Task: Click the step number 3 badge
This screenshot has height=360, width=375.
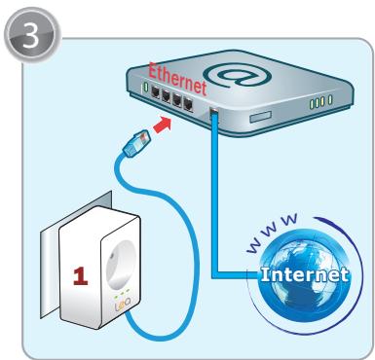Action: pos(32,35)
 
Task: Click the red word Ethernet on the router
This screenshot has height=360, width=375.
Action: pos(178,79)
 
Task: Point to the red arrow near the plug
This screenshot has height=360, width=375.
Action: pos(162,126)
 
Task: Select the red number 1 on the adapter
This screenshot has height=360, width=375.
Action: pos(81,276)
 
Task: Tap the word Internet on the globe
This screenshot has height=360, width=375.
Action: pos(304,274)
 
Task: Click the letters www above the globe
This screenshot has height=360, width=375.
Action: pos(272,232)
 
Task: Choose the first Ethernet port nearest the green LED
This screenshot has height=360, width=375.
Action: pos(156,93)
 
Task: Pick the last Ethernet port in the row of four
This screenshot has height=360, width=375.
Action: pos(188,104)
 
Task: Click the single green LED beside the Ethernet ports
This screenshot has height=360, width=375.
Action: pos(146,87)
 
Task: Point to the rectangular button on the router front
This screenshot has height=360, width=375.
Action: pos(260,117)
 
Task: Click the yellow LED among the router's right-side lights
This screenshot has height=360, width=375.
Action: pos(322,101)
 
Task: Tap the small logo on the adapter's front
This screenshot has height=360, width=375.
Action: pos(123,305)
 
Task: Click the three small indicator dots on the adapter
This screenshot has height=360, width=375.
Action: pos(121,293)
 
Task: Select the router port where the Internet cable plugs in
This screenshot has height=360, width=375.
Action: pos(214,113)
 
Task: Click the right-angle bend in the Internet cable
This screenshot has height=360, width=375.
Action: pos(214,275)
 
